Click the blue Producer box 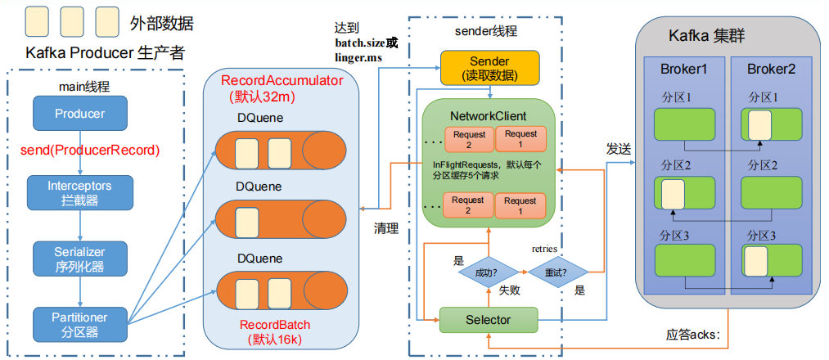(x=79, y=114)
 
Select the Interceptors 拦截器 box (x=79, y=192)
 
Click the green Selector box (x=488, y=319)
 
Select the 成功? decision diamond (x=488, y=271)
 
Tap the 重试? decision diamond (x=558, y=271)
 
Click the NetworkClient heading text (x=489, y=116)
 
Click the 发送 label (x=619, y=149)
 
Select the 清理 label (x=385, y=229)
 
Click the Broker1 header (x=684, y=70)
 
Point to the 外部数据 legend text (x=161, y=23)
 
